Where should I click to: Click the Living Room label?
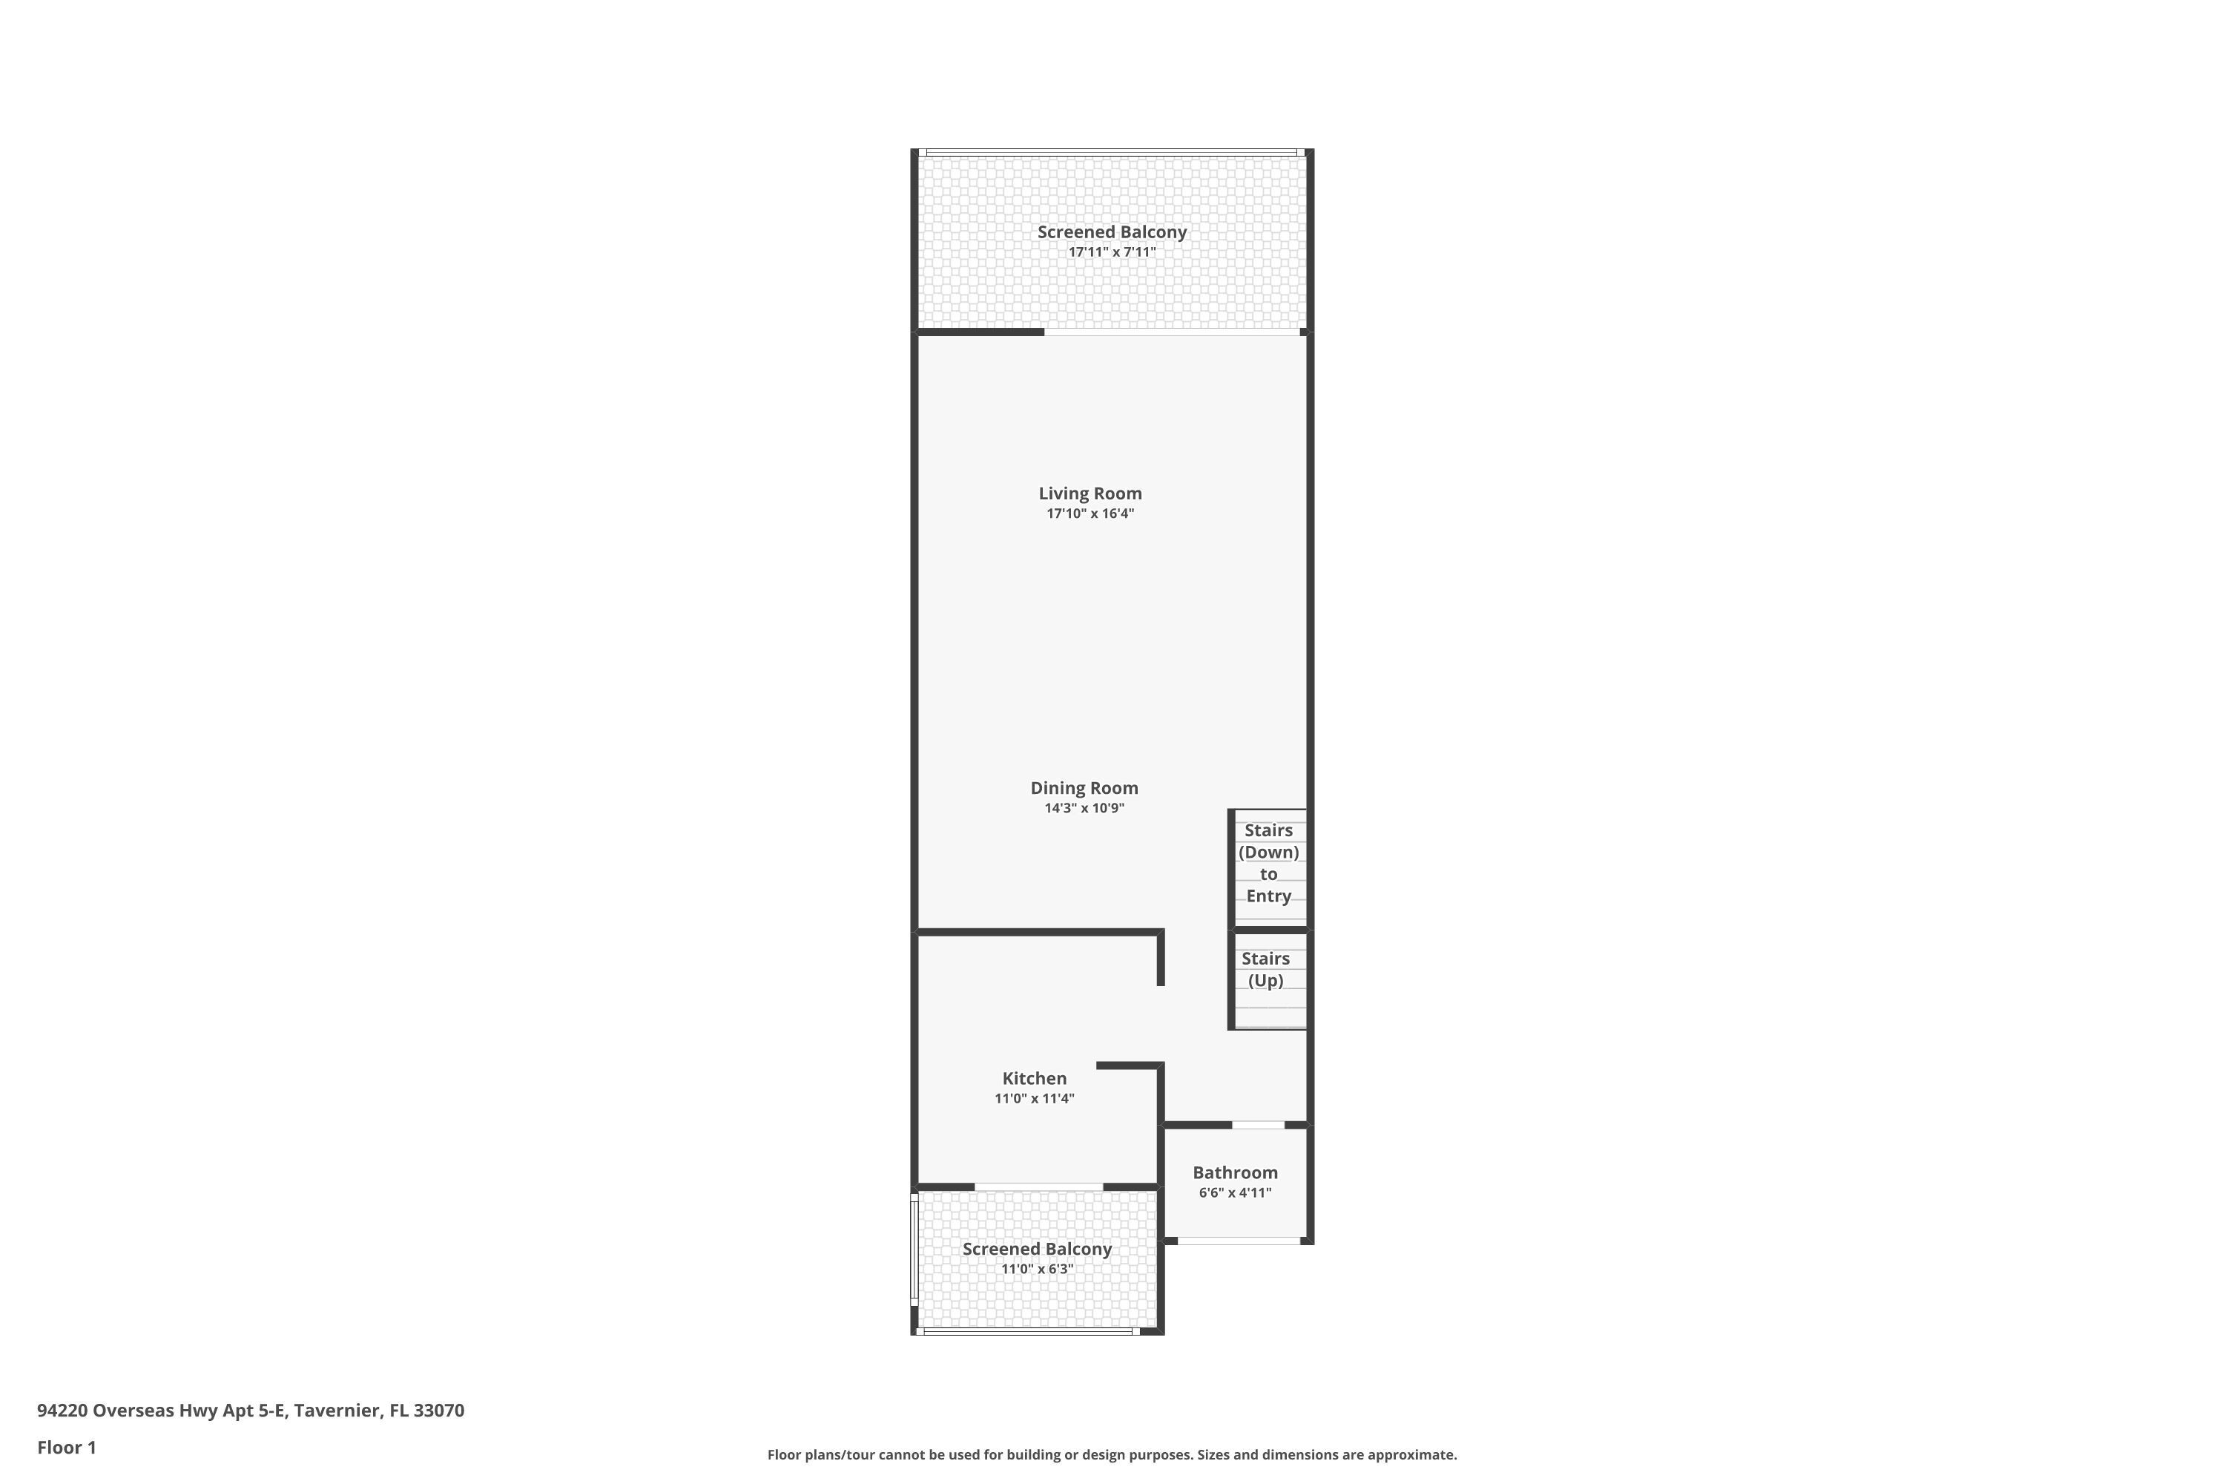(1090, 493)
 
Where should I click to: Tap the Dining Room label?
(1084, 787)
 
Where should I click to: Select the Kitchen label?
(1034, 1078)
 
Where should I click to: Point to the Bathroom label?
(1235, 1172)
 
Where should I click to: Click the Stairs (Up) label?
(1266, 969)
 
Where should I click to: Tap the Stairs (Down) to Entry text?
(1268, 863)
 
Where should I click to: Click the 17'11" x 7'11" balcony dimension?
(1112, 252)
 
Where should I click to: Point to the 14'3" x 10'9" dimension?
(1084, 808)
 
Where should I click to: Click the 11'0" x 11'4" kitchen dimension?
(1034, 1099)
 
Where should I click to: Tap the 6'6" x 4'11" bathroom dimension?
(1235, 1192)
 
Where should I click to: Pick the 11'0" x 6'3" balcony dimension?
(1037, 1269)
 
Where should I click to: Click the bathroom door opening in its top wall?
(1257, 1124)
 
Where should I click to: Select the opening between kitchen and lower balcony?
(1038, 1186)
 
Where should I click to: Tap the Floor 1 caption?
(66, 1447)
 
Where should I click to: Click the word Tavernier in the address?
(337, 1411)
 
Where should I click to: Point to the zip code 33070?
(439, 1411)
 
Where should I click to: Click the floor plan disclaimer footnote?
(1112, 1454)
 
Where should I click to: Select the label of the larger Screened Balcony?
(1112, 232)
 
